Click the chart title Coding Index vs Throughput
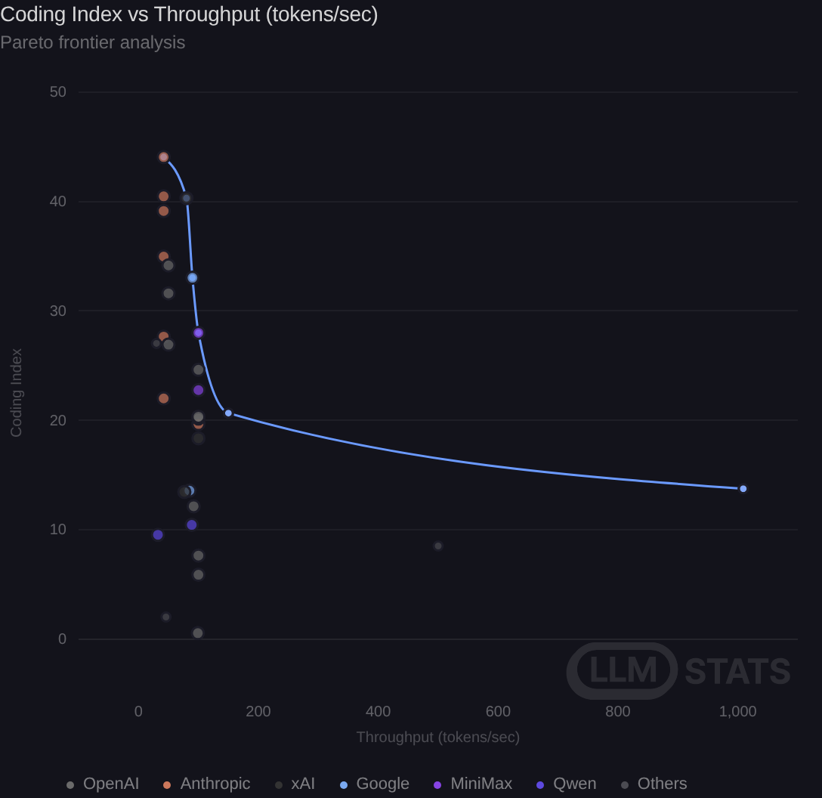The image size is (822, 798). [189, 14]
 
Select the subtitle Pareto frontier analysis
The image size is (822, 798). [93, 42]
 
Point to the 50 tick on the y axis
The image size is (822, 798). [57, 91]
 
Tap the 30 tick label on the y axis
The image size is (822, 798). [57, 311]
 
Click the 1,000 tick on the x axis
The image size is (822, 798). [737, 712]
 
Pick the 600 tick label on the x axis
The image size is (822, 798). [498, 712]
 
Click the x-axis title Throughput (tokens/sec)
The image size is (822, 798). [437, 738]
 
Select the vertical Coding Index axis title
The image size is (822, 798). [17, 393]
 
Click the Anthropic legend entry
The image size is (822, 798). [206, 784]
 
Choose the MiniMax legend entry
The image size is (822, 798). [473, 784]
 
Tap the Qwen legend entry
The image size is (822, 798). [566, 784]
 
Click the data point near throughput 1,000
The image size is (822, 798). [743, 489]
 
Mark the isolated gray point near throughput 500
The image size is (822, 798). [438, 546]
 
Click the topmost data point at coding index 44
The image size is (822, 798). [163, 157]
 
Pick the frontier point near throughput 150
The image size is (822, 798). [229, 413]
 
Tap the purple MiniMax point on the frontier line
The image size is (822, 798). [198, 333]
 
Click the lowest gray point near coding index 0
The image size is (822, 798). [198, 633]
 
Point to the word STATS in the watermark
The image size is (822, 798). [737, 671]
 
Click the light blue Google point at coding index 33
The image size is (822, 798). [193, 278]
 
